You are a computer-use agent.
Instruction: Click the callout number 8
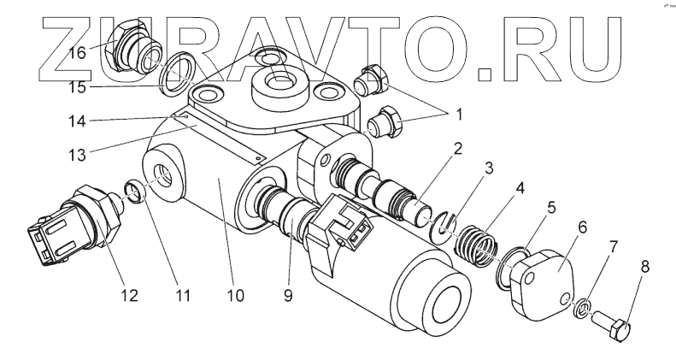pos(645,267)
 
